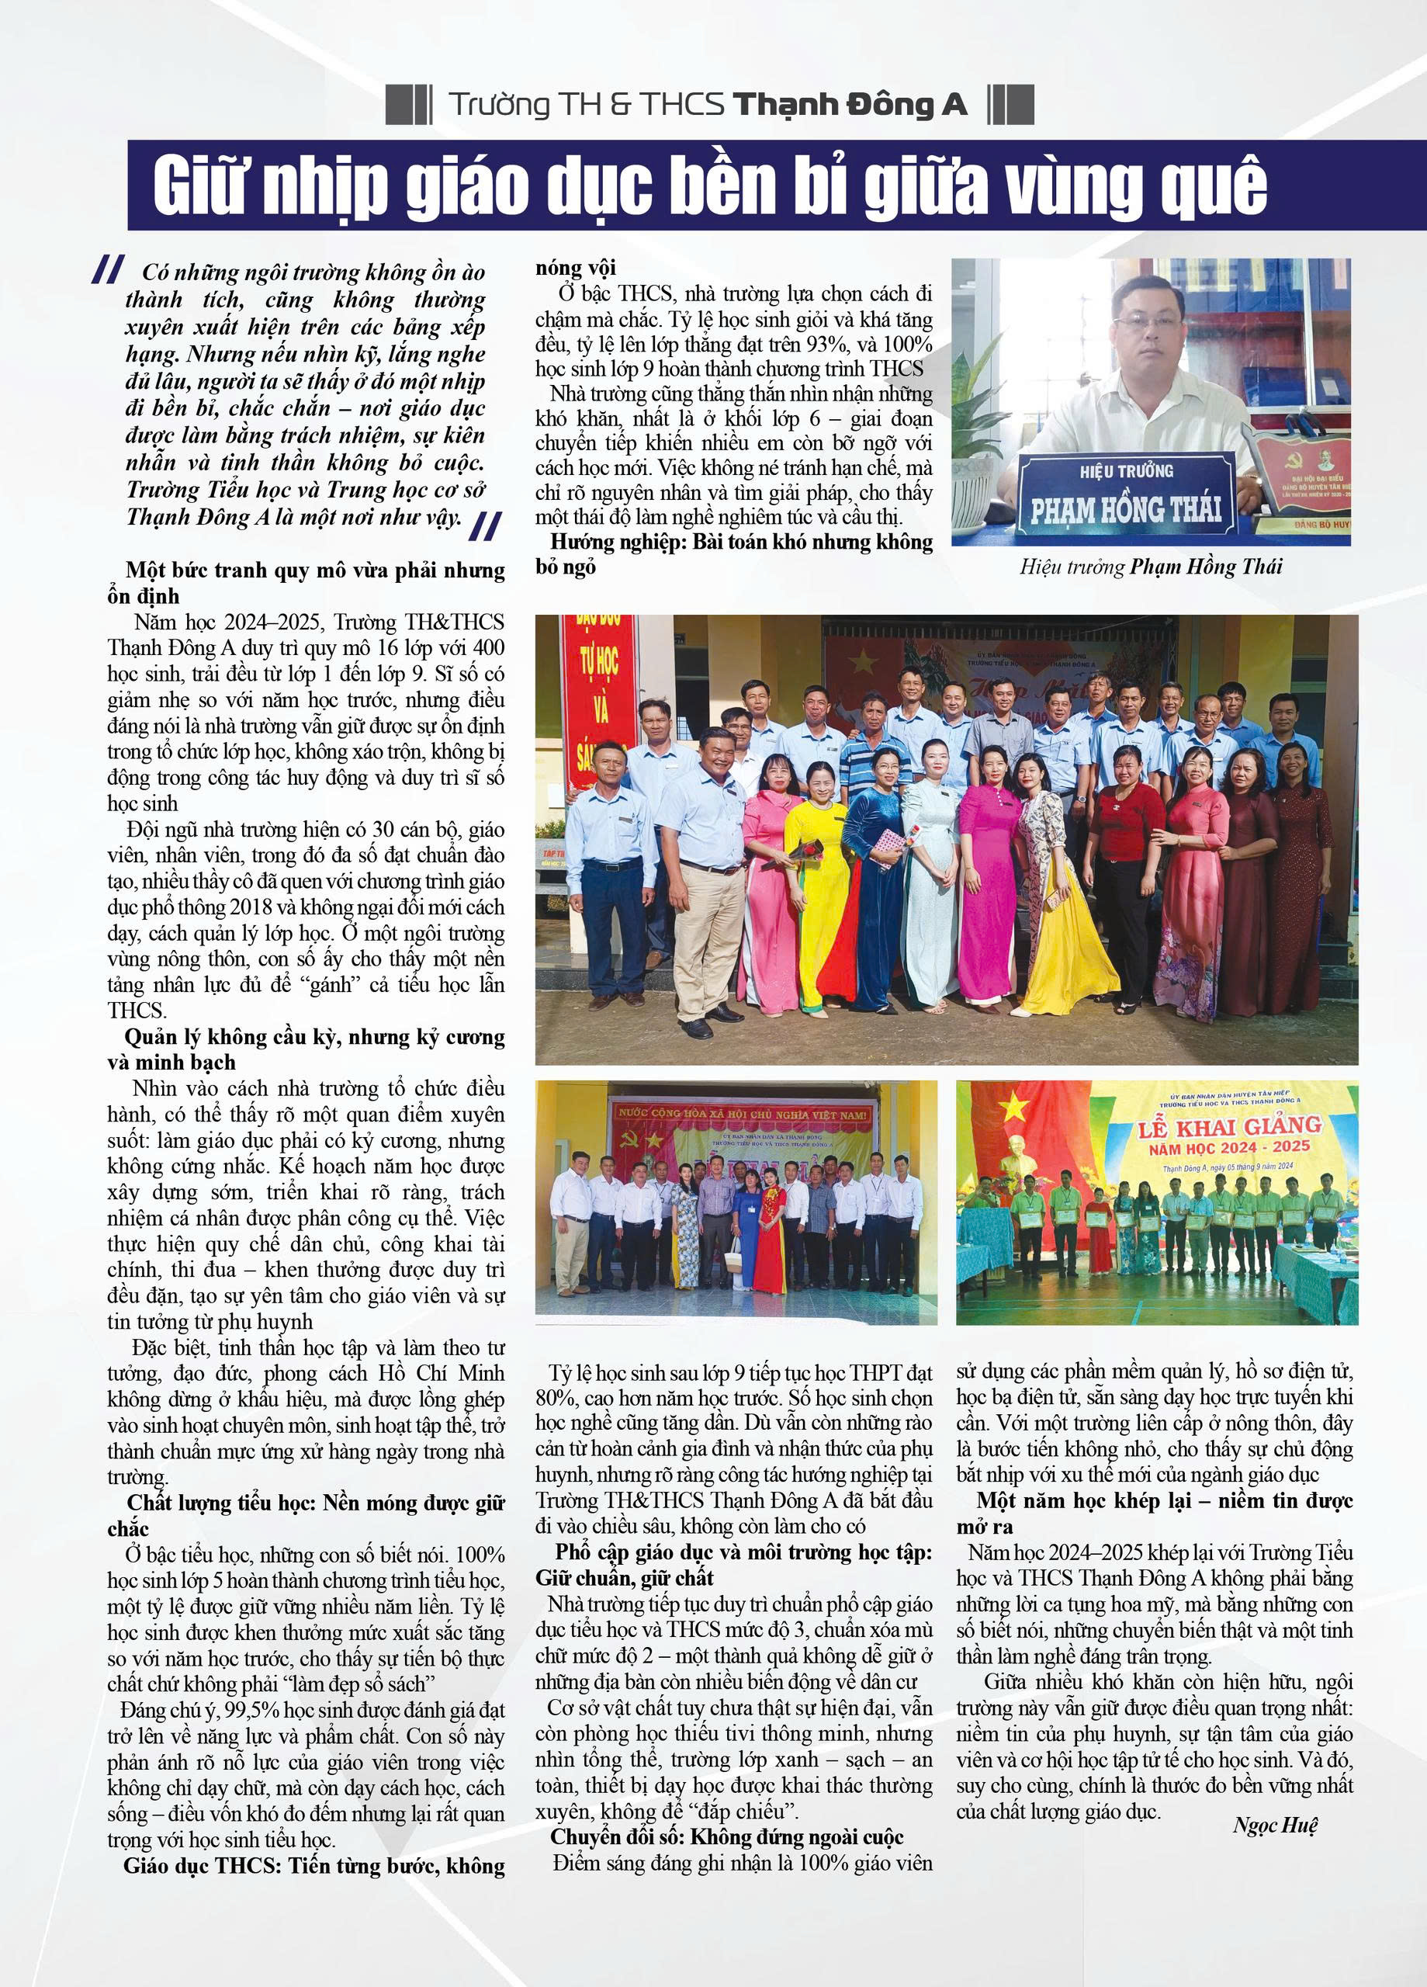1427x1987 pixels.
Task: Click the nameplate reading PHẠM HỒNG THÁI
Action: point(1126,509)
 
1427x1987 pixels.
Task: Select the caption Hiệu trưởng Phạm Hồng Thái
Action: point(1151,567)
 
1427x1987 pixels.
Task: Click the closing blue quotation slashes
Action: point(485,526)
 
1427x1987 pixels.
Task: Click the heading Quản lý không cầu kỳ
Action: point(313,1037)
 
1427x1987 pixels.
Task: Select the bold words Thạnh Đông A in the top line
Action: point(849,105)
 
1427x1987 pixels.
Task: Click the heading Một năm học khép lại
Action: point(1155,1525)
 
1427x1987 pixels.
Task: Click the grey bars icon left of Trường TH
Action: point(408,105)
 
